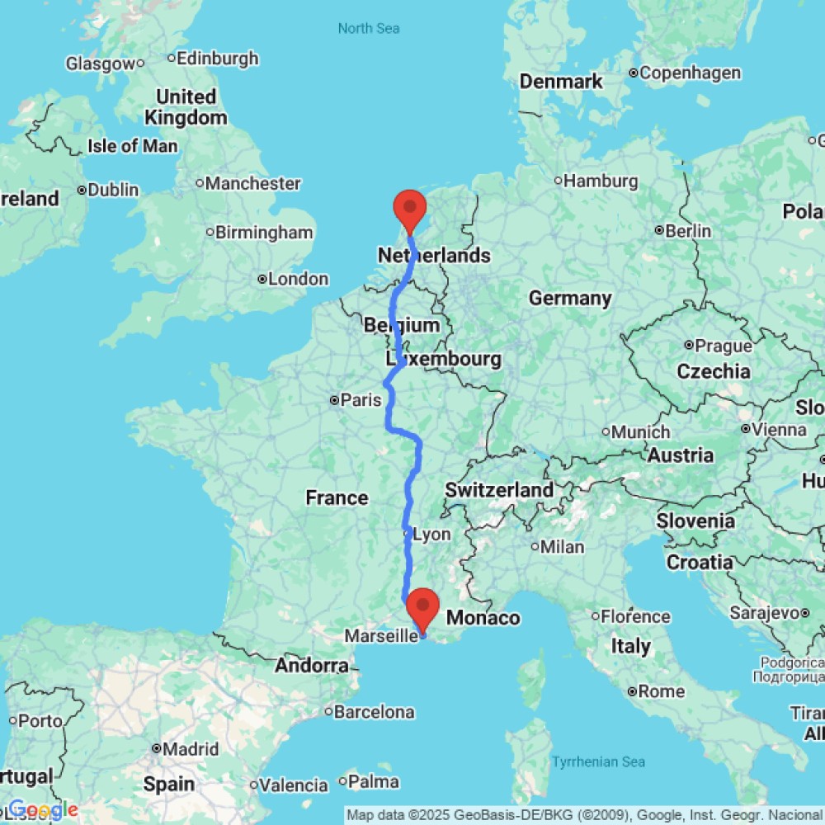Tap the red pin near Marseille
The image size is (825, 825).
click(x=423, y=607)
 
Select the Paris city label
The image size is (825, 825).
click(x=361, y=400)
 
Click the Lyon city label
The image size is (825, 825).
click(x=431, y=535)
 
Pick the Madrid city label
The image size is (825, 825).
click(x=190, y=749)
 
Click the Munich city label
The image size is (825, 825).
click(x=640, y=431)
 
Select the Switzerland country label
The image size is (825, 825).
click(x=499, y=490)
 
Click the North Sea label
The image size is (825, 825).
click(x=369, y=29)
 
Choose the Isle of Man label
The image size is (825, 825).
click(x=132, y=146)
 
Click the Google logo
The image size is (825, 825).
click(x=43, y=810)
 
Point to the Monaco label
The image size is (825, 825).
click(x=483, y=618)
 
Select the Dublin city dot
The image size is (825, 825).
click(x=82, y=190)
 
